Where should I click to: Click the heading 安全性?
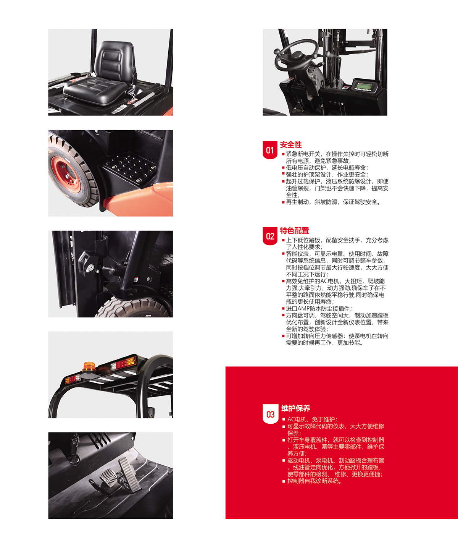click(290, 144)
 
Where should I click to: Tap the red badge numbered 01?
click(270, 150)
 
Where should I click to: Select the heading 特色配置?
click(294, 231)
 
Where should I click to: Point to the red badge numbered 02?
click(270, 236)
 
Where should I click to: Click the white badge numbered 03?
click(270, 414)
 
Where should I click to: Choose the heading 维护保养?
click(296, 408)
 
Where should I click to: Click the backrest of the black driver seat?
click(114, 60)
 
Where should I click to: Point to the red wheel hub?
click(66, 175)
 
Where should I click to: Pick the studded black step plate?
click(130, 168)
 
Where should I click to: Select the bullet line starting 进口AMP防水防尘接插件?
click(317, 308)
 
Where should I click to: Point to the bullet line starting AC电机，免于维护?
click(310, 419)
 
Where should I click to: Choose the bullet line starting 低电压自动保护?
click(325, 167)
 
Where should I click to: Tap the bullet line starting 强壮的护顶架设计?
click(325, 174)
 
